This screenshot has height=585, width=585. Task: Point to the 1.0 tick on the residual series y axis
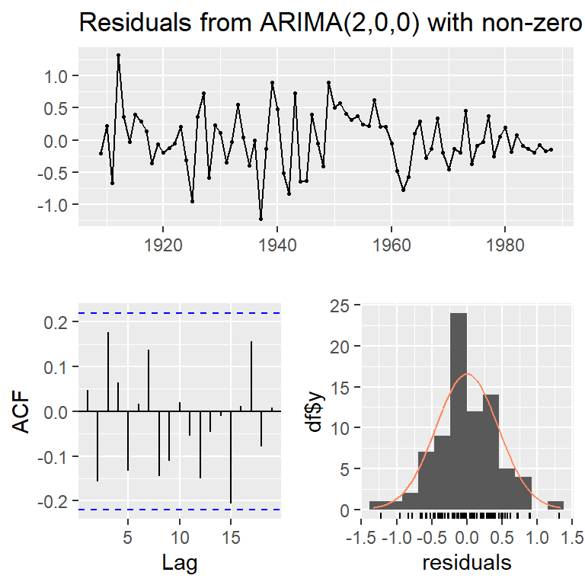pyautogui.click(x=59, y=76)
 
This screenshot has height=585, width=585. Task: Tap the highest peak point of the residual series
pyautogui.click(x=118, y=55)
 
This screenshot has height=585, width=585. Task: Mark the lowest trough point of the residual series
pyautogui.click(x=261, y=219)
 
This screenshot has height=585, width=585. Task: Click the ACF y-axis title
pyautogui.click(x=24, y=411)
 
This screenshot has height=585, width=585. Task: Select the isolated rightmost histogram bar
pyautogui.click(x=555, y=506)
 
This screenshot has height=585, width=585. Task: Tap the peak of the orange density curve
pyautogui.click(x=467, y=373)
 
